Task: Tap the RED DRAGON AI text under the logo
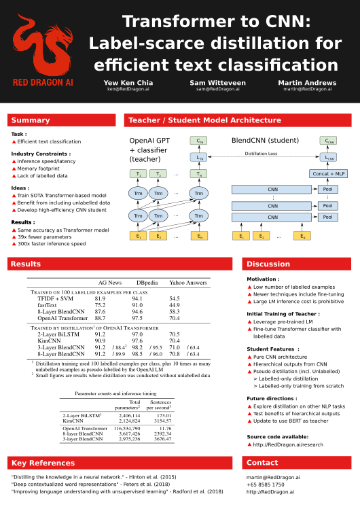click(x=43, y=82)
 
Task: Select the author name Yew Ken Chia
click(x=128, y=83)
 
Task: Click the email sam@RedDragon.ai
click(x=217, y=89)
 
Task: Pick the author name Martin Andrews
click(x=307, y=83)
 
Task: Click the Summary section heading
click(x=31, y=120)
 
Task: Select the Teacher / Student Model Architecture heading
click(x=204, y=120)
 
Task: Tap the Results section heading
click(x=26, y=264)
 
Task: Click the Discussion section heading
click(x=268, y=264)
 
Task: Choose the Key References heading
click(x=43, y=463)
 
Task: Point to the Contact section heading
click(x=262, y=463)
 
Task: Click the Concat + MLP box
click(x=329, y=174)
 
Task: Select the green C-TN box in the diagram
click(x=198, y=141)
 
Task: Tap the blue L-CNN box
click(x=329, y=157)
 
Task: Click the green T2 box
click(x=158, y=174)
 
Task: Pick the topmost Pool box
click(x=328, y=190)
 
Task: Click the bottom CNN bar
click(x=272, y=217)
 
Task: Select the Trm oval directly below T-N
click(x=198, y=193)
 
